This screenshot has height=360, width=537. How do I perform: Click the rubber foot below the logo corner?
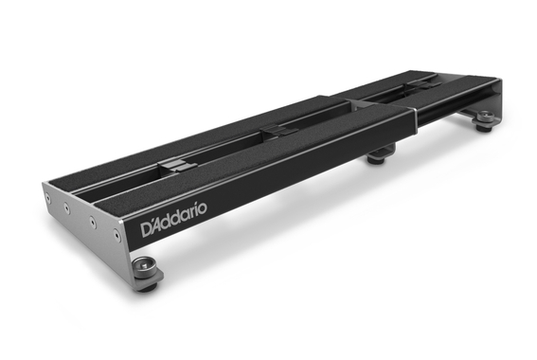coord(148,272)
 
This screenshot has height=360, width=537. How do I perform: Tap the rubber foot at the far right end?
coord(485,120)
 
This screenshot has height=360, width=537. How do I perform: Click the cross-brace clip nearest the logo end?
coord(170,163)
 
